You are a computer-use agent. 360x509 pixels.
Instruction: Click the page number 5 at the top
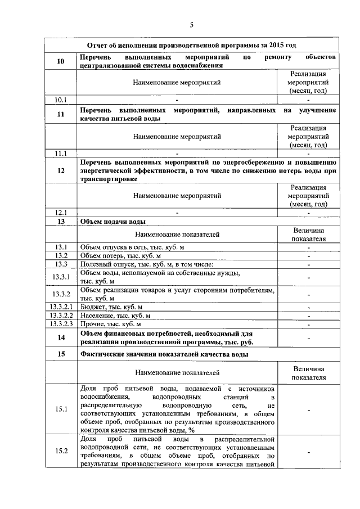tap(191, 25)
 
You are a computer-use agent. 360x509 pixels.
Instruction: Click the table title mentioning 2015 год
tap(192, 45)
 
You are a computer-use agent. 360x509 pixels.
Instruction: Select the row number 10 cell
tap(61, 61)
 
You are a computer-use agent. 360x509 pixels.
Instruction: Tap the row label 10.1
tap(61, 100)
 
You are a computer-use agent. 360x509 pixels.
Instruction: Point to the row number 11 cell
tap(61, 115)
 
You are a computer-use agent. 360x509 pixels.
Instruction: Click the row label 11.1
tap(61, 153)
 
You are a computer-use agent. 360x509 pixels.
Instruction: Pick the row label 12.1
tap(61, 213)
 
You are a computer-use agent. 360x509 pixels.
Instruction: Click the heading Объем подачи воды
tap(114, 222)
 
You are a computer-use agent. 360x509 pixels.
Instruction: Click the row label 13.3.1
tap(61, 277)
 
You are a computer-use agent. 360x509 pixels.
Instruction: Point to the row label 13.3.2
tap(61, 294)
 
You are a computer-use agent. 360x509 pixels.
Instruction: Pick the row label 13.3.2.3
tap(61, 324)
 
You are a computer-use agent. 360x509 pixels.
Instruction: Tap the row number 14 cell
tap(61, 337)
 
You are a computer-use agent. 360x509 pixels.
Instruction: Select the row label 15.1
tap(61, 409)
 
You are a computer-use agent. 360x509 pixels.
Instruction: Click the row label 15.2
tap(61, 451)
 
